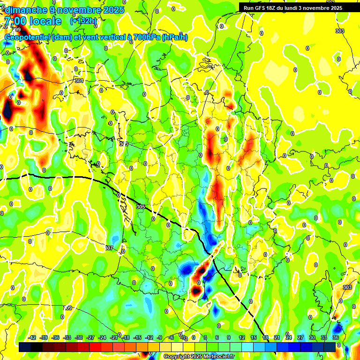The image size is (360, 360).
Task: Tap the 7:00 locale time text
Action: [x=32, y=21]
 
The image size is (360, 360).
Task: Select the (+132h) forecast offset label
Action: [x=83, y=21]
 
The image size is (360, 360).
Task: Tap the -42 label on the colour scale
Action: [x=32, y=337]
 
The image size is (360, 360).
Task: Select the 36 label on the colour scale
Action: [x=336, y=337]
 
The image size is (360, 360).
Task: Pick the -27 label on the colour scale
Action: [x=90, y=337]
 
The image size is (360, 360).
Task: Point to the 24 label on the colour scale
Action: [x=289, y=337]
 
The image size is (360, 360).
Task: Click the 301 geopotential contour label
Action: [x=79, y=81]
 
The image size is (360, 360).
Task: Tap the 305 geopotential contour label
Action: [x=141, y=206]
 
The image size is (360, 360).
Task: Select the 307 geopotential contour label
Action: [x=109, y=247]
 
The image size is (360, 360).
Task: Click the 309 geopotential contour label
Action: [x=68, y=308]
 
